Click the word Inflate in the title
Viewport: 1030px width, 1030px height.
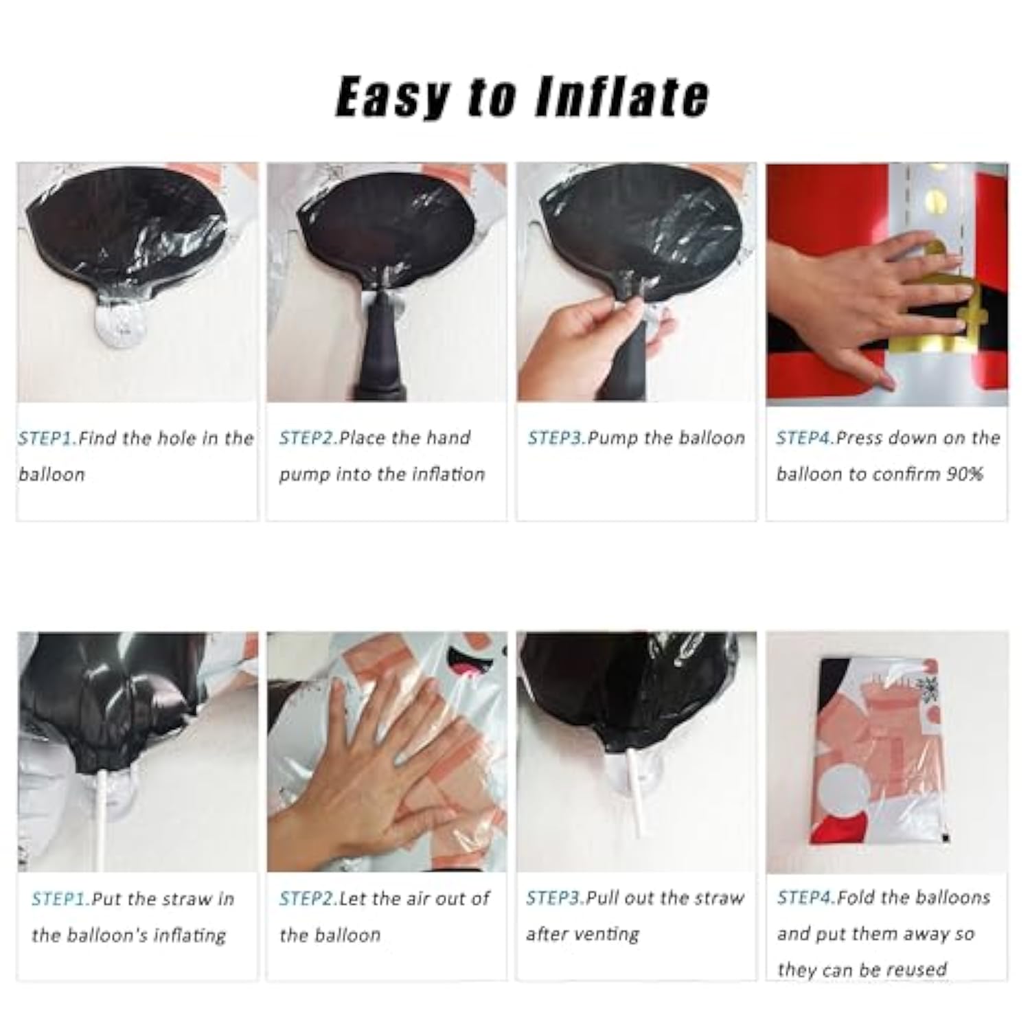pyautogui.click(x=621, y=96)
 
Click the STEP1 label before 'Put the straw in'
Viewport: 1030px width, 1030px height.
pyautogui.click(x=61, y=899)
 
